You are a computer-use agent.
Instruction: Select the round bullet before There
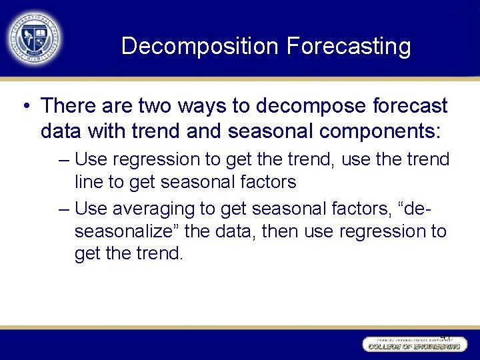(x=25, y=105)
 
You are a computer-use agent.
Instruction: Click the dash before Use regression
(x=63, y=160)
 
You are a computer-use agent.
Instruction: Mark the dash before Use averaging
(x=63, y=209)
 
